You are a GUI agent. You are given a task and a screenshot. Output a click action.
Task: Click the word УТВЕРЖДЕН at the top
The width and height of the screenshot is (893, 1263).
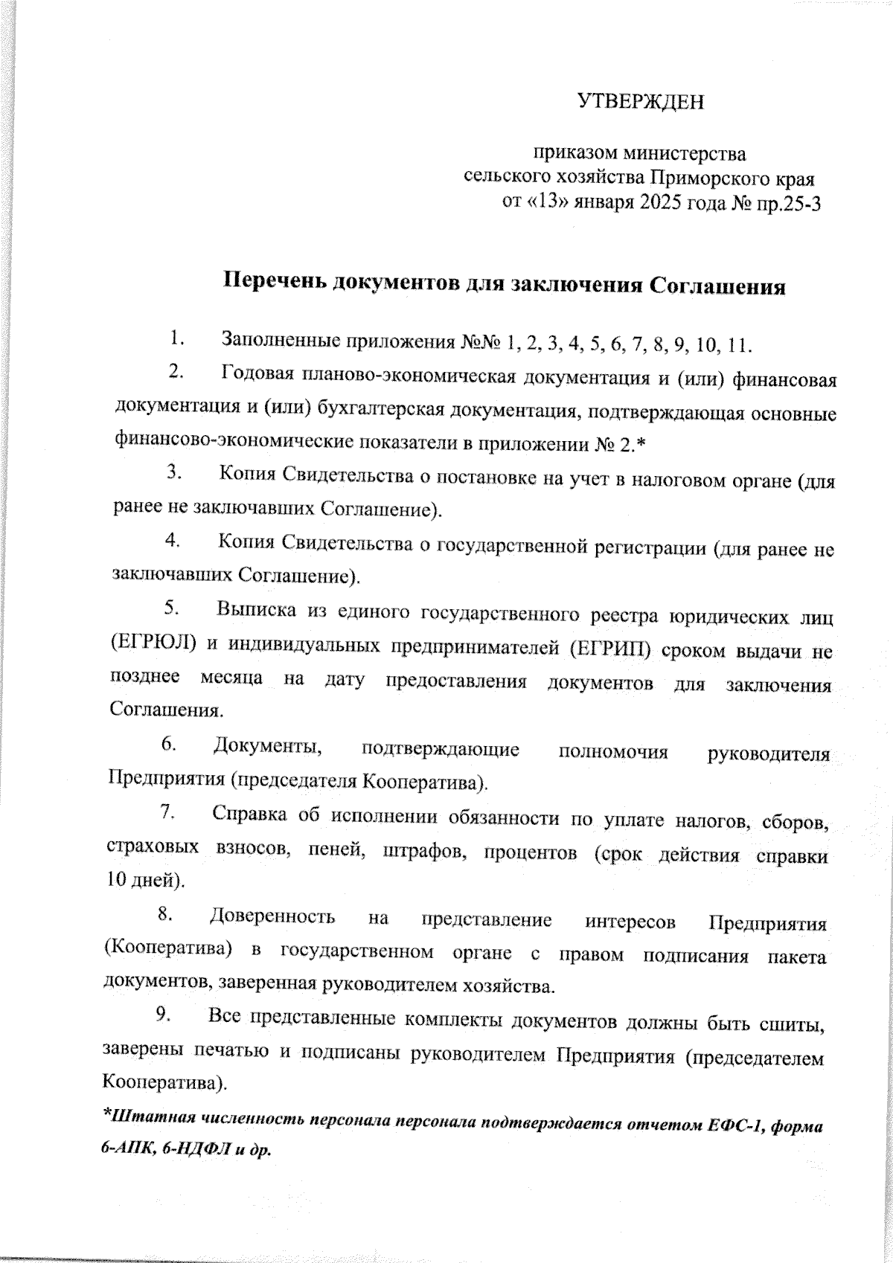pyautogui.click(x=641, y=102)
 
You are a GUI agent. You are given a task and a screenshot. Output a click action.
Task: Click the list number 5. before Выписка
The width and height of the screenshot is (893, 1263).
pyautogui.click(x=170, y=608)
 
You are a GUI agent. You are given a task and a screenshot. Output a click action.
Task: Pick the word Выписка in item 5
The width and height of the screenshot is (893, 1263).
pyautogui.click(x=252, y=612)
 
